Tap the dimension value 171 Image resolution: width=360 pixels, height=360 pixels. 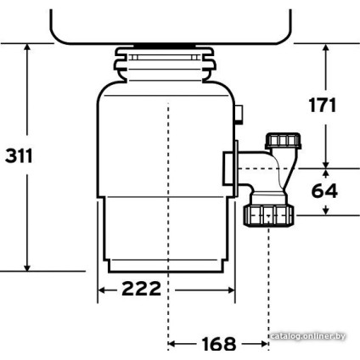[x=322, y=106]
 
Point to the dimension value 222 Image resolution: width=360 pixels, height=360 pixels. [x=140, y=289]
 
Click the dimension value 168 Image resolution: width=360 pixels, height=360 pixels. [x=218, y=345]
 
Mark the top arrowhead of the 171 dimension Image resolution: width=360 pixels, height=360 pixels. [x=327, y=48]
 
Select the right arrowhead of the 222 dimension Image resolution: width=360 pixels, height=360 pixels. [x=232, y=290]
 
